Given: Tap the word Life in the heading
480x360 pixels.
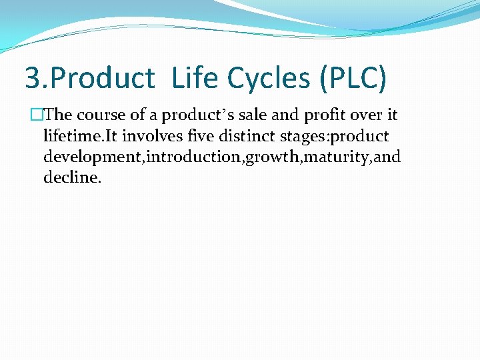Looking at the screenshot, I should (x=195, y=78).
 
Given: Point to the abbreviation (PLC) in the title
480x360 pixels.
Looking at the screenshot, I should (x=353, y=78).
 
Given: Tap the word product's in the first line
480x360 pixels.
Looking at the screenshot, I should (x=185, y=115).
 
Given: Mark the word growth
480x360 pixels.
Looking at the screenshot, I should (x=271, y=157).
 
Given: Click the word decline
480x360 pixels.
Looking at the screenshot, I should (x=71, y=178).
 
